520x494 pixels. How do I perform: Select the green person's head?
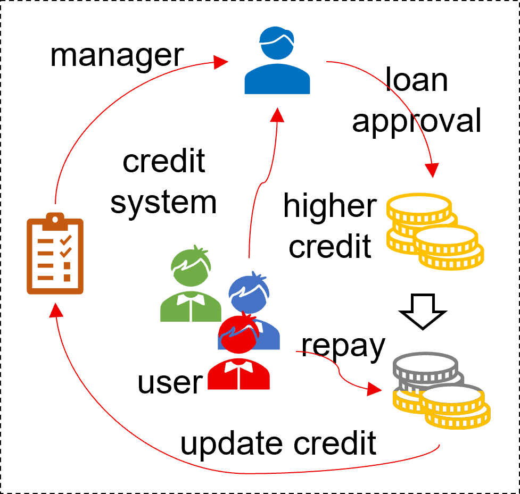[x=191, y=269]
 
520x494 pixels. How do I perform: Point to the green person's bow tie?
[x=191, y=299]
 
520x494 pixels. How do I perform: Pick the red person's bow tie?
[x=238, y=367]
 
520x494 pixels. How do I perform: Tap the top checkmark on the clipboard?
[x=66, y=240]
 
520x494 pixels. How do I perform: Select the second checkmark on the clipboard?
[x=66, y=252]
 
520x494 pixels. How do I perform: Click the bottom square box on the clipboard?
[x=67, y=278]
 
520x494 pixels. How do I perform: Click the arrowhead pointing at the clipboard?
[x=55, y=310]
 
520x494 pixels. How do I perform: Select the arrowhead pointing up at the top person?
[x=277, y=114]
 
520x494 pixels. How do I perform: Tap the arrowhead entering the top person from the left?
[x=220, y=62]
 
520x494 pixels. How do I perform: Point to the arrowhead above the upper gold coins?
[x=432, y=170]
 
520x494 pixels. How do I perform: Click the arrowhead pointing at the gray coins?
[x=374, y=390]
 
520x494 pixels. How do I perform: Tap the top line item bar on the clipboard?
[x=46, y=241]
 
